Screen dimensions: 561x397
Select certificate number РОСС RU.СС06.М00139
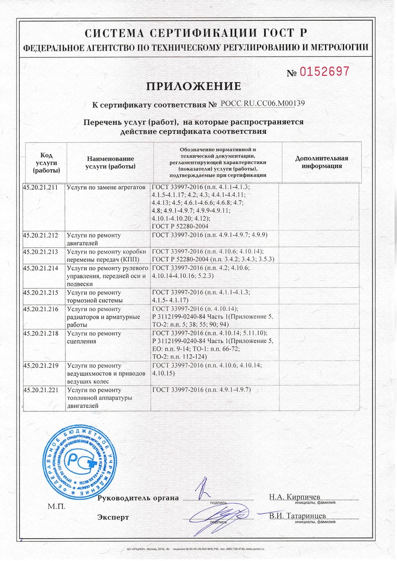click(262, 104)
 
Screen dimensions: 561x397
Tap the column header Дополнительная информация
click(322, 162)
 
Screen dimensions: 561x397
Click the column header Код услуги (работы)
click(46, 162)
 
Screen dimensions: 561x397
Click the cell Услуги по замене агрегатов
click(107, 186)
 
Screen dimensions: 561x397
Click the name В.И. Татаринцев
click(298, 515)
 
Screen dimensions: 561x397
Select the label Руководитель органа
click(138, 498)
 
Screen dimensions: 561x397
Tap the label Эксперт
click(113, 517)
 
